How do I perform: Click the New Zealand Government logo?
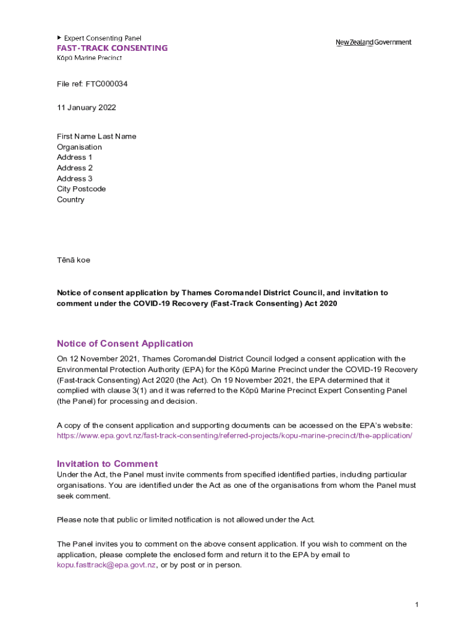(x=373, y=42)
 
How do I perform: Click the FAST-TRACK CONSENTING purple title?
(x=112, y=48)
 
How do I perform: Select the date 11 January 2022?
(x=86, y=108)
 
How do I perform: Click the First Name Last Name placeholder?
(x=96, y=136)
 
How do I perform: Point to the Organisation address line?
(x=79, y=147)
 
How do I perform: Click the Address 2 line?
(x=75, y=168)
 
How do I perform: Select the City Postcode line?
(x=81, y=189)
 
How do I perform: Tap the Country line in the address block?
(x=70, y=200)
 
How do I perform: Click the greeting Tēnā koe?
(x=74, y=260)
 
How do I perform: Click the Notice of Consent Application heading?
(x=125, y=344)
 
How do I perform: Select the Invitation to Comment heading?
(x=107, y=464)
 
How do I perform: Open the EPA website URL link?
(x=234, y=435)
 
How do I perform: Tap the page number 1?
(x=417, y=604)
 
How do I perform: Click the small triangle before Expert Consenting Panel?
(x=59, y=38)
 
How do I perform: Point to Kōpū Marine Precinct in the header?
(x=89, y=58)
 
